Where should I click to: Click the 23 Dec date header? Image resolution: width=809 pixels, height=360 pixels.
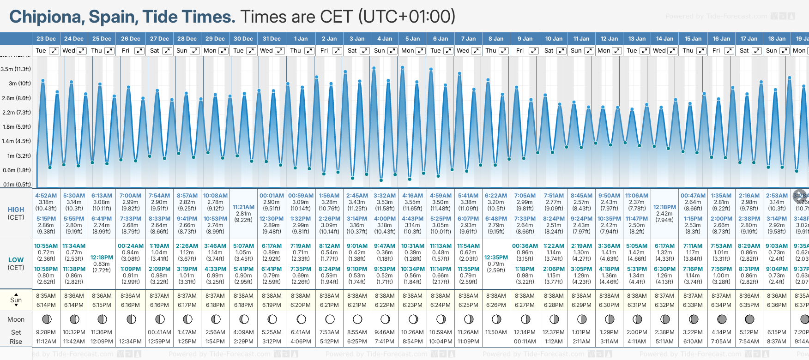click(46, 39)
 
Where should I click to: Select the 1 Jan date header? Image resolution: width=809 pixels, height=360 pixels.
click(301, 39)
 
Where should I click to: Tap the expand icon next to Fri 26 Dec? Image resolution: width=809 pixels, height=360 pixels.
click(139, 51)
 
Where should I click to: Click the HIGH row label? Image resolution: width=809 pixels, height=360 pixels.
click(16, 210)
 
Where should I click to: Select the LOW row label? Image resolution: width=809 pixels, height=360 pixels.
click(16, 260)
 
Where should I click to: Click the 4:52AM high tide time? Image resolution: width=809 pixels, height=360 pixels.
click(46, 196)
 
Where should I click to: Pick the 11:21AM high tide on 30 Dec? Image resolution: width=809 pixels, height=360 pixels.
click(243, 207)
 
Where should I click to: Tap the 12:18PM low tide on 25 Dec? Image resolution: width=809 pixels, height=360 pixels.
click(102, 258)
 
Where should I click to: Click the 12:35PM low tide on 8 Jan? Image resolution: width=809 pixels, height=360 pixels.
click(496, 258)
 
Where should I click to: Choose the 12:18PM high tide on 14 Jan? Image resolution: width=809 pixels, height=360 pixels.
click(664, 207)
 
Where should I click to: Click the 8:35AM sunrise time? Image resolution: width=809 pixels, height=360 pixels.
click(46, 296)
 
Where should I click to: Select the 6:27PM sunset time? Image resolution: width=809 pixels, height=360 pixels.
click(525, 305)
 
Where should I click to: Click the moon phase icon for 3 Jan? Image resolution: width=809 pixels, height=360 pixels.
click(357, 319)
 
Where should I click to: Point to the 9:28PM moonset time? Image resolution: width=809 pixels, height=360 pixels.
click(46, 332)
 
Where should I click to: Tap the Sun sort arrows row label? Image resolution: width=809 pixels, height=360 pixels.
click(16, 300)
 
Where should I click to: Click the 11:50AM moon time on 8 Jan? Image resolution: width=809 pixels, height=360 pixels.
click(496, 332)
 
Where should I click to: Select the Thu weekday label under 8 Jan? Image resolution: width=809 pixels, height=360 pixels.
click(491, 51)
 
